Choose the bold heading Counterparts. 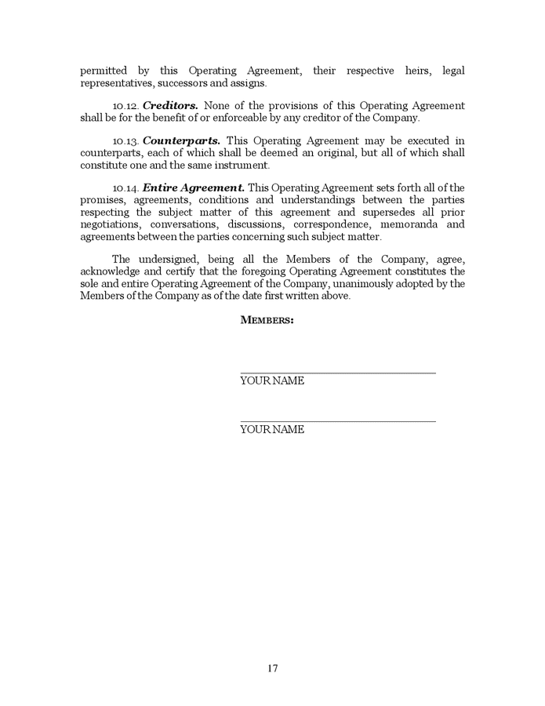181,141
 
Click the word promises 101,200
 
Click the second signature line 337,422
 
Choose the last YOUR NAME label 271,430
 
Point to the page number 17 272,668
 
